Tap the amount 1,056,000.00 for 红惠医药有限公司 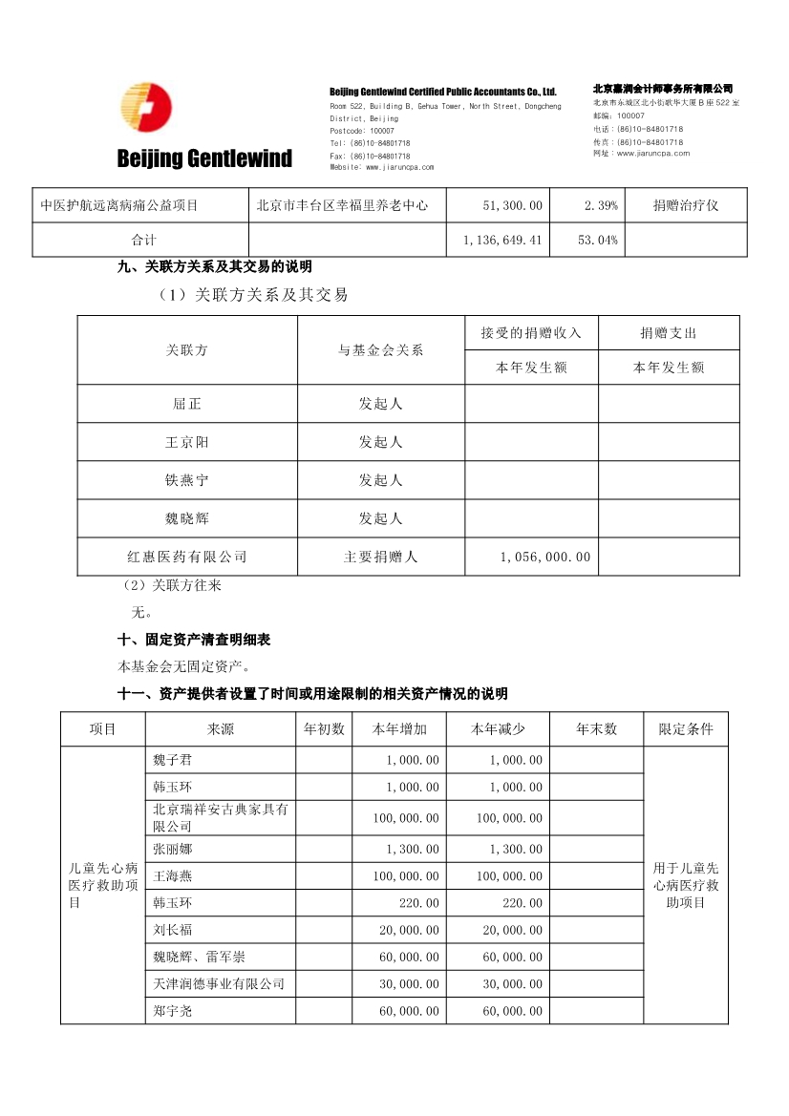[x=545, y=557]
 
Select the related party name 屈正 [x=187, y=404]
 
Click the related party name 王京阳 [x=187, y=442]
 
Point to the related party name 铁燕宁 [x=187, y=480]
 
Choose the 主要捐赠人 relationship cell [x=380, y=557]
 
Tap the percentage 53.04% [x=598, y=240]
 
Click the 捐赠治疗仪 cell [x=685, y=205]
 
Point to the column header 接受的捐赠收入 [x=531, y=333]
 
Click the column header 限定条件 [x=686, y=729]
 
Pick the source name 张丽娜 [x=172, y=849]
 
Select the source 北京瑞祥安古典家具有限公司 [x=220, y=817]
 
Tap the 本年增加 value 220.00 [x=420, y=902]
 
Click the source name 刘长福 [x=172, y=929]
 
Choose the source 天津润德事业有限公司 [x=219, y=983]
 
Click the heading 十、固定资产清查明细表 [x=194, y=640]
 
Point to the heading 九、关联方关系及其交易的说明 [x=215, y=266]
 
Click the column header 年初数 [x=324, y=729]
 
